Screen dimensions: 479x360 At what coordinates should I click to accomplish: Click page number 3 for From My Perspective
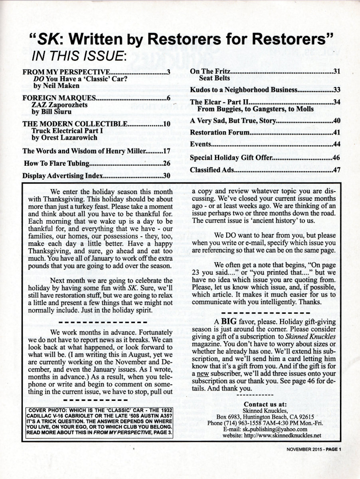click(169, 72)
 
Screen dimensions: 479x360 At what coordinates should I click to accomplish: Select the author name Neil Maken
click(61, 85)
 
